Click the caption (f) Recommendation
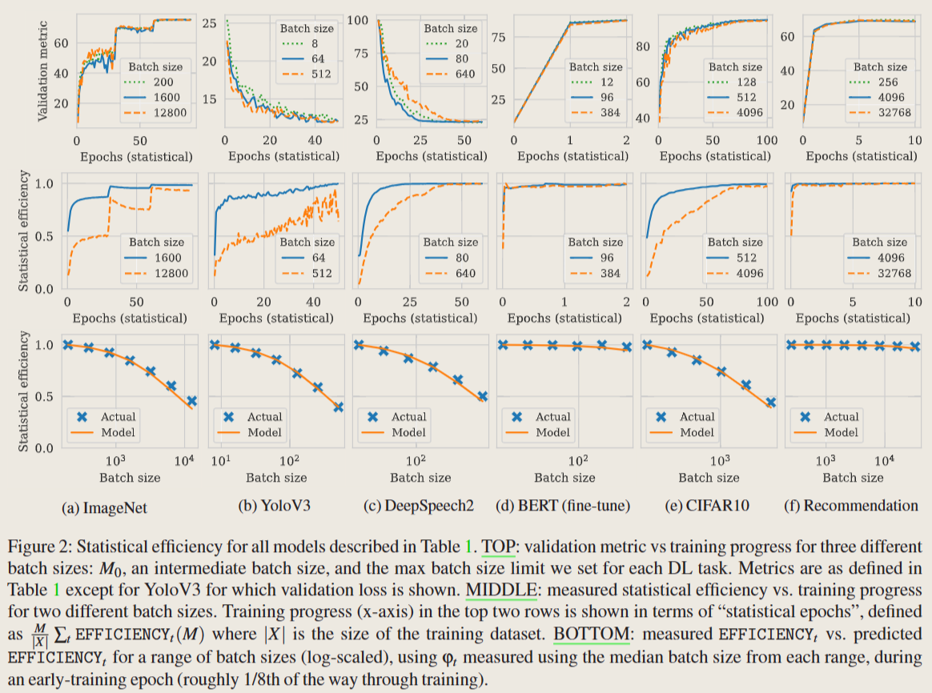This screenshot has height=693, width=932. (852, 506)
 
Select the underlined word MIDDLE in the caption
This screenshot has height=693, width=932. (501, 590)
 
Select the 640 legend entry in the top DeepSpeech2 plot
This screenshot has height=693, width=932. (461, 74)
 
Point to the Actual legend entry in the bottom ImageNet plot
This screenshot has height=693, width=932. (118, 416)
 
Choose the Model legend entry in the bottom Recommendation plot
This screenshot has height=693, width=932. (841, 432)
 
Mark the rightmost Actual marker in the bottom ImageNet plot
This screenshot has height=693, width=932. (192, 401)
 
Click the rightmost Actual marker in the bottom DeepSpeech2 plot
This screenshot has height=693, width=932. (483, 396)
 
